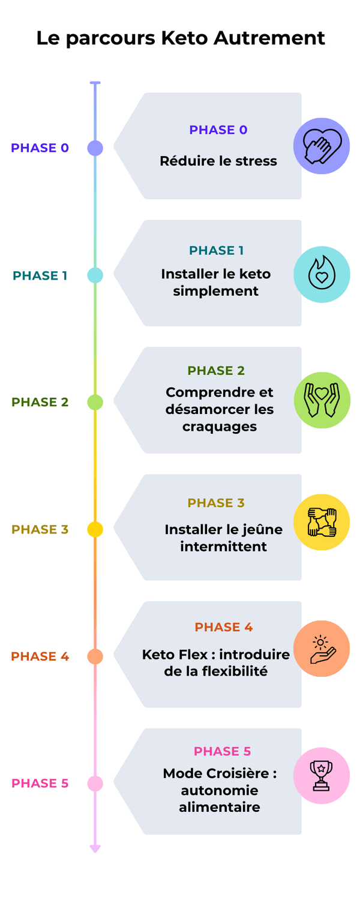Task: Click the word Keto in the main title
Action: click(184, 38)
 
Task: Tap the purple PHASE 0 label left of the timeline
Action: click(40, 148)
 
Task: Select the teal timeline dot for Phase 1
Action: click(95, 275)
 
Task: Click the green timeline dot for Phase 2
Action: click(95, 402)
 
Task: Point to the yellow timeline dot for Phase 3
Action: click(95, 529)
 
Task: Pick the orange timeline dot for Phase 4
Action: click(95, 656)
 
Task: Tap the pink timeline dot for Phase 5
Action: click(95, 783)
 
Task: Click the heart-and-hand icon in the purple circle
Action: click(322, 146)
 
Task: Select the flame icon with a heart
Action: click(322, 274)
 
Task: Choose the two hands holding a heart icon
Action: click(322, 400)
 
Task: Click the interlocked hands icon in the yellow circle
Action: click(322, 522)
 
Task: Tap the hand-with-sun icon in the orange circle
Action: click(322, 649)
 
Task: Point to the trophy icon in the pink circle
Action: click(322, 775)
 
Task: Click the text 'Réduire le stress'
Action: click(218, 161)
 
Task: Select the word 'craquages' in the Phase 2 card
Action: click(220, 427)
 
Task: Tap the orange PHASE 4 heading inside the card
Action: click(223, 627)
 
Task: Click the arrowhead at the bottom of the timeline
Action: click(95, 848)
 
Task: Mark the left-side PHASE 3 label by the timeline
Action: click(40, 529)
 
